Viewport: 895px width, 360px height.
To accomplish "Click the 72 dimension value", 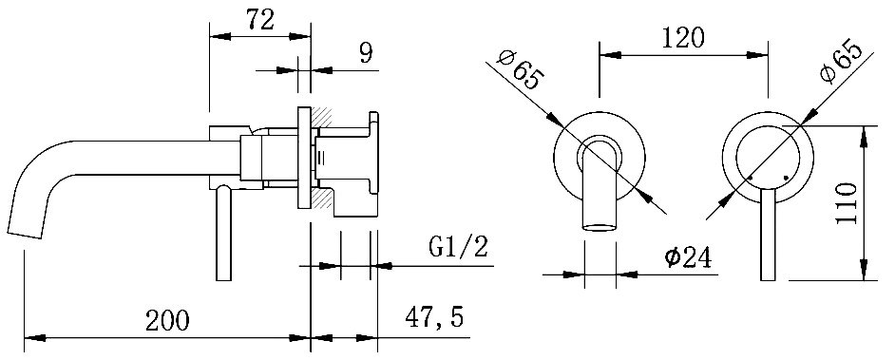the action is coord(260,21).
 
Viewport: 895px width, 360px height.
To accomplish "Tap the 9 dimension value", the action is coord(366,53).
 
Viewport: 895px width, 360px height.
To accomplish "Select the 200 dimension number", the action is coord(166,320).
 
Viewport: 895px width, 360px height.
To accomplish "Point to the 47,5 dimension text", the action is coord(434,318).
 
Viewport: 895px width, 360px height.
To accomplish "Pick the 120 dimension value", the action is coord(683,38).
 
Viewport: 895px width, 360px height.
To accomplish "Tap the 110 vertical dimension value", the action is coord(847,203).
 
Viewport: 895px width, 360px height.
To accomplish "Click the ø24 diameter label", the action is coord(689,257).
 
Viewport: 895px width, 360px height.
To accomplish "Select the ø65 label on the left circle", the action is coord(520,69).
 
